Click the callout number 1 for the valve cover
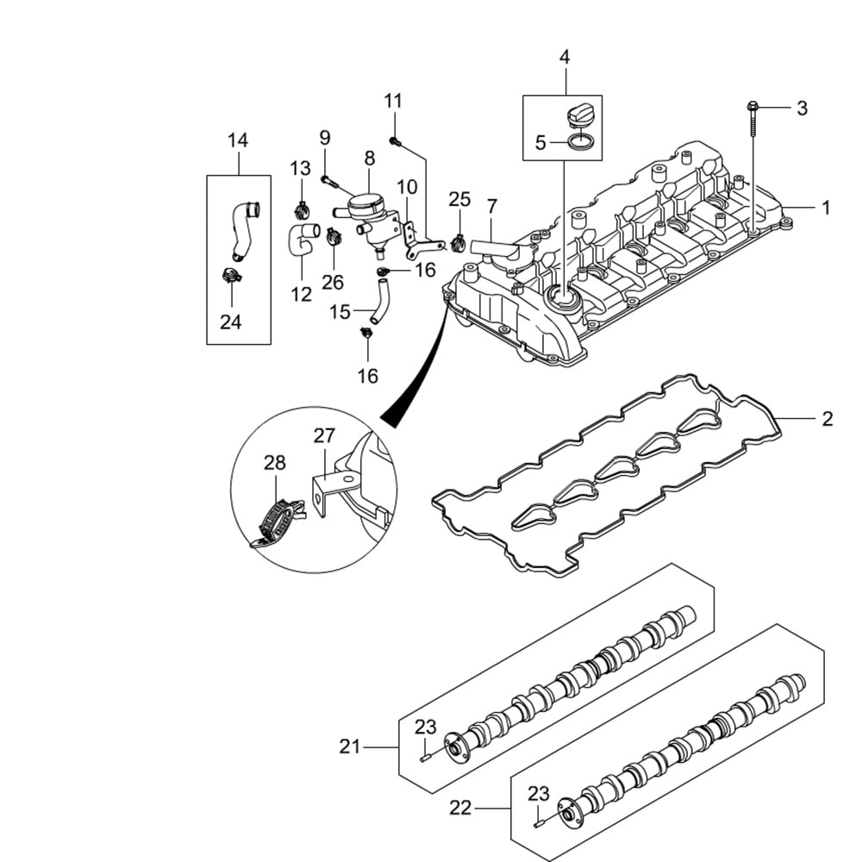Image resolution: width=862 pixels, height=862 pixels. click(x=826, y=208)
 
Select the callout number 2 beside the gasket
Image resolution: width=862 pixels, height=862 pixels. click(x=827, y=419)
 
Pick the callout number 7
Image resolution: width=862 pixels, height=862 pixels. click(x=491, y=207)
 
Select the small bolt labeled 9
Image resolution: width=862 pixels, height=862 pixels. click(x=328, y=180)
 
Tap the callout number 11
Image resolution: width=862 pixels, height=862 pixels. click(x=393, y=101)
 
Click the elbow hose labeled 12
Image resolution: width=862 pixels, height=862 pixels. click(x=303, y=238)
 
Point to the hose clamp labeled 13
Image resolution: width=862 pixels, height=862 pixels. click(x=302, y=209)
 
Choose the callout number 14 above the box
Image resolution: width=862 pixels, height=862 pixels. click(x=238, y=140)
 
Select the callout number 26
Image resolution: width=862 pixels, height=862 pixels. click(x=333, y=281)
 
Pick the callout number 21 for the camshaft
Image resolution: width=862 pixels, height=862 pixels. click(x=349, y=746)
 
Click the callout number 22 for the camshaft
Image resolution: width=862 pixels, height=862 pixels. click(x=461, y=808)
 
